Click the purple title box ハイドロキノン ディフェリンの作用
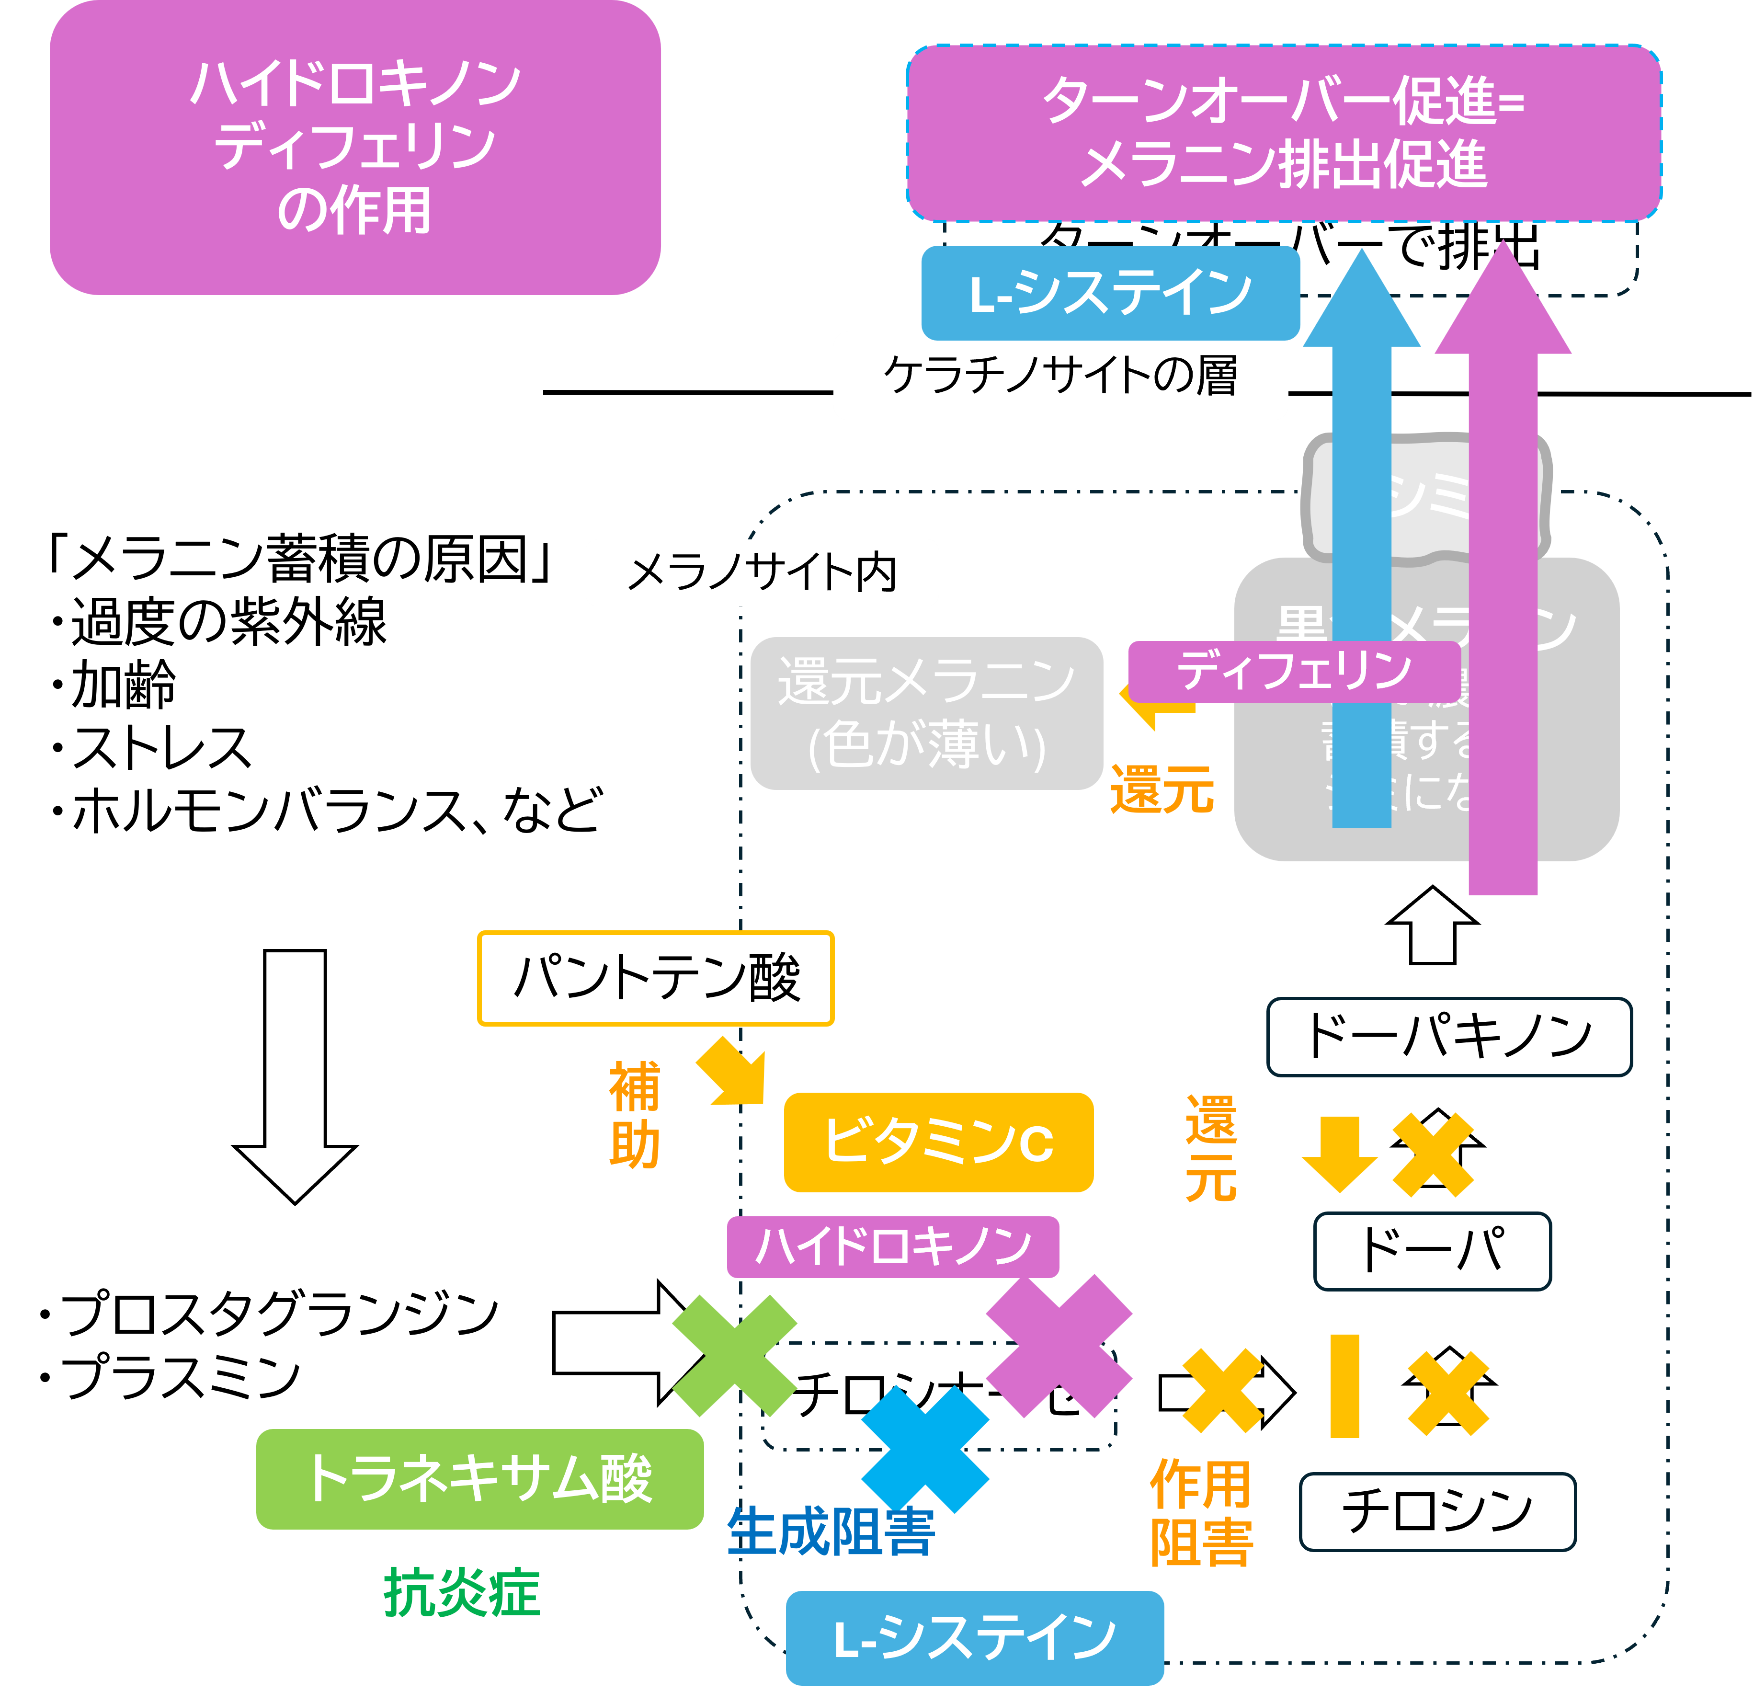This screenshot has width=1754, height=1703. pos(355,148)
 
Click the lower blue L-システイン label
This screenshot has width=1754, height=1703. pos(975,1638)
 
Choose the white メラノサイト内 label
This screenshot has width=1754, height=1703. pos(762,573)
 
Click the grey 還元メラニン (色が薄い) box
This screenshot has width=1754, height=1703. pos(926,713)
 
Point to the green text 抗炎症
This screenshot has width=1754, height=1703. pos(462,1593)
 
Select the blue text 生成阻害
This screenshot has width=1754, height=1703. pos(831,1532)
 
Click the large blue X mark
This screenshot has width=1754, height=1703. pos(925,1449)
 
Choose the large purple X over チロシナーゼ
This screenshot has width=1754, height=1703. pos(1059,1346)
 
